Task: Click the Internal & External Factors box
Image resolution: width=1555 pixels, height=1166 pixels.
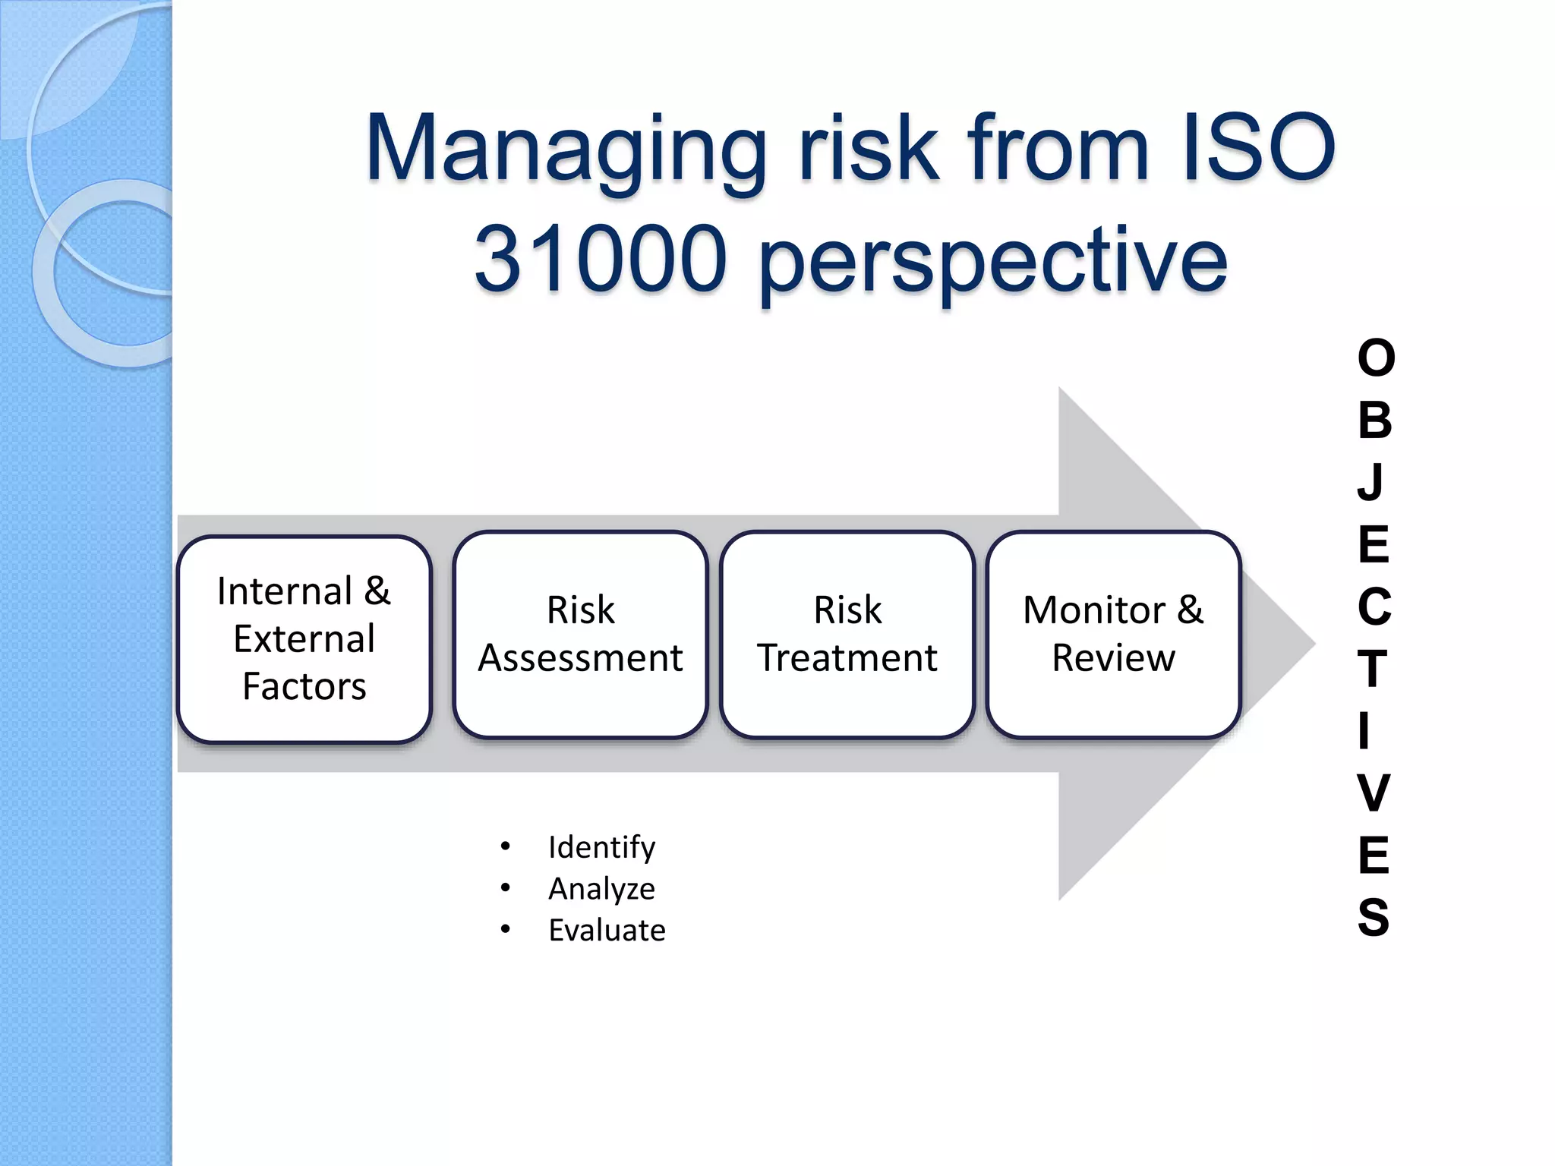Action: [x=304, y=638]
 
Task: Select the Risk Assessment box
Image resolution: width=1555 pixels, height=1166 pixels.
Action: [x=580, y=634]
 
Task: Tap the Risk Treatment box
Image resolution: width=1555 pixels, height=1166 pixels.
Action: [x=847, y=634]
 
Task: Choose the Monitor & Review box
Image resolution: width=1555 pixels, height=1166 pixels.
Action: [x=1113, y=634]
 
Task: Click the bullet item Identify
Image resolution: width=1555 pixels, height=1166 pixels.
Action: [x=601, y=846]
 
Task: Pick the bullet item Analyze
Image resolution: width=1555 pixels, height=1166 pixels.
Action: [x=601, y=888]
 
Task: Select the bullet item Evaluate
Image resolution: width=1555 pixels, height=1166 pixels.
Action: [x=607, y=930]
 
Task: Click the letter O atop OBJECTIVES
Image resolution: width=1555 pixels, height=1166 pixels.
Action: [x=1375, y=358]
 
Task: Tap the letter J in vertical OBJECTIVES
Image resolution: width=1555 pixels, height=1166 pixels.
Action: [x=1371, y=482]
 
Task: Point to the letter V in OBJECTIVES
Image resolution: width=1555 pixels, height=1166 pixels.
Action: [x=1374, y=793]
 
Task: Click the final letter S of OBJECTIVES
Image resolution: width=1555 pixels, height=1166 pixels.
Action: [x=1374, y=917]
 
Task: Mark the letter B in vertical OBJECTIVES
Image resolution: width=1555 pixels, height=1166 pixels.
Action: [x=1374, y=420]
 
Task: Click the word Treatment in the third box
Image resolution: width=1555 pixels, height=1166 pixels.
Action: [x=847, y=657]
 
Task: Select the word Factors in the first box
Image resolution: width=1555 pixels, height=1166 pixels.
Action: [x=304, y=686]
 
